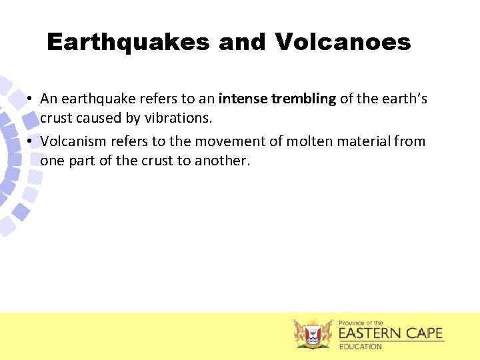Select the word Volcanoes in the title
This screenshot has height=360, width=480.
pyautogui.click(x=343, y=43)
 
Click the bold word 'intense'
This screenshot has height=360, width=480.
pyautogui.click(x=243, y=99)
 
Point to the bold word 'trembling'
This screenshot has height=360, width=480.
pyautogui.click(x=303, y=99)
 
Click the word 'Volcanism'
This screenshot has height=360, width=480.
pyautogui.click(x=71, y=141)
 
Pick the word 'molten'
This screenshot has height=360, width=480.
pyautogui.click(x=309, y=141)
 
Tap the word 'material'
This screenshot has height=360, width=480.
pyautogui.click(x=364, y=141)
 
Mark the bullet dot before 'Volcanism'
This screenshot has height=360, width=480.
pyautogui.click(x=31, y=142)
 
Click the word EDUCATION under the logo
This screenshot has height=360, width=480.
pyautogui.click(x=361, y=347)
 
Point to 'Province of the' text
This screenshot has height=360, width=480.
pyautogui.click(x=361, y=323)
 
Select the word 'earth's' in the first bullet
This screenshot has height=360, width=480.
pyautogui.click(x=403, y=99)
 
